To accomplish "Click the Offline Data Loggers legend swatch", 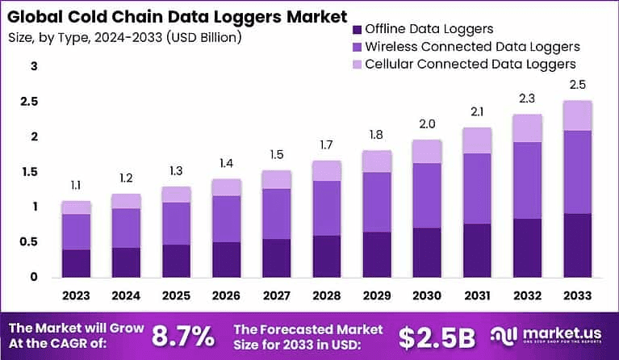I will click(x=358, y=30).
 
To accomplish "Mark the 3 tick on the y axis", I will click(x=34, y=67).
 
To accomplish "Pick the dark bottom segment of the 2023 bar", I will click(x=76, y=263).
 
